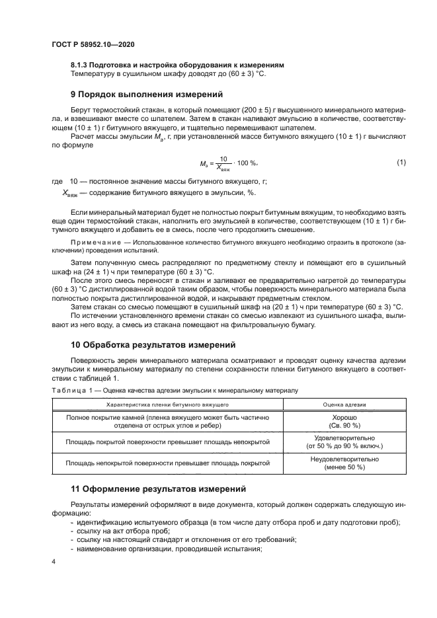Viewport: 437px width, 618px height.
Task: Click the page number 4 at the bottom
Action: pos(53,561)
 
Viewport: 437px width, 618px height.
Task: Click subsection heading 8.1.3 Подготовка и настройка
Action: pos(177,65)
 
